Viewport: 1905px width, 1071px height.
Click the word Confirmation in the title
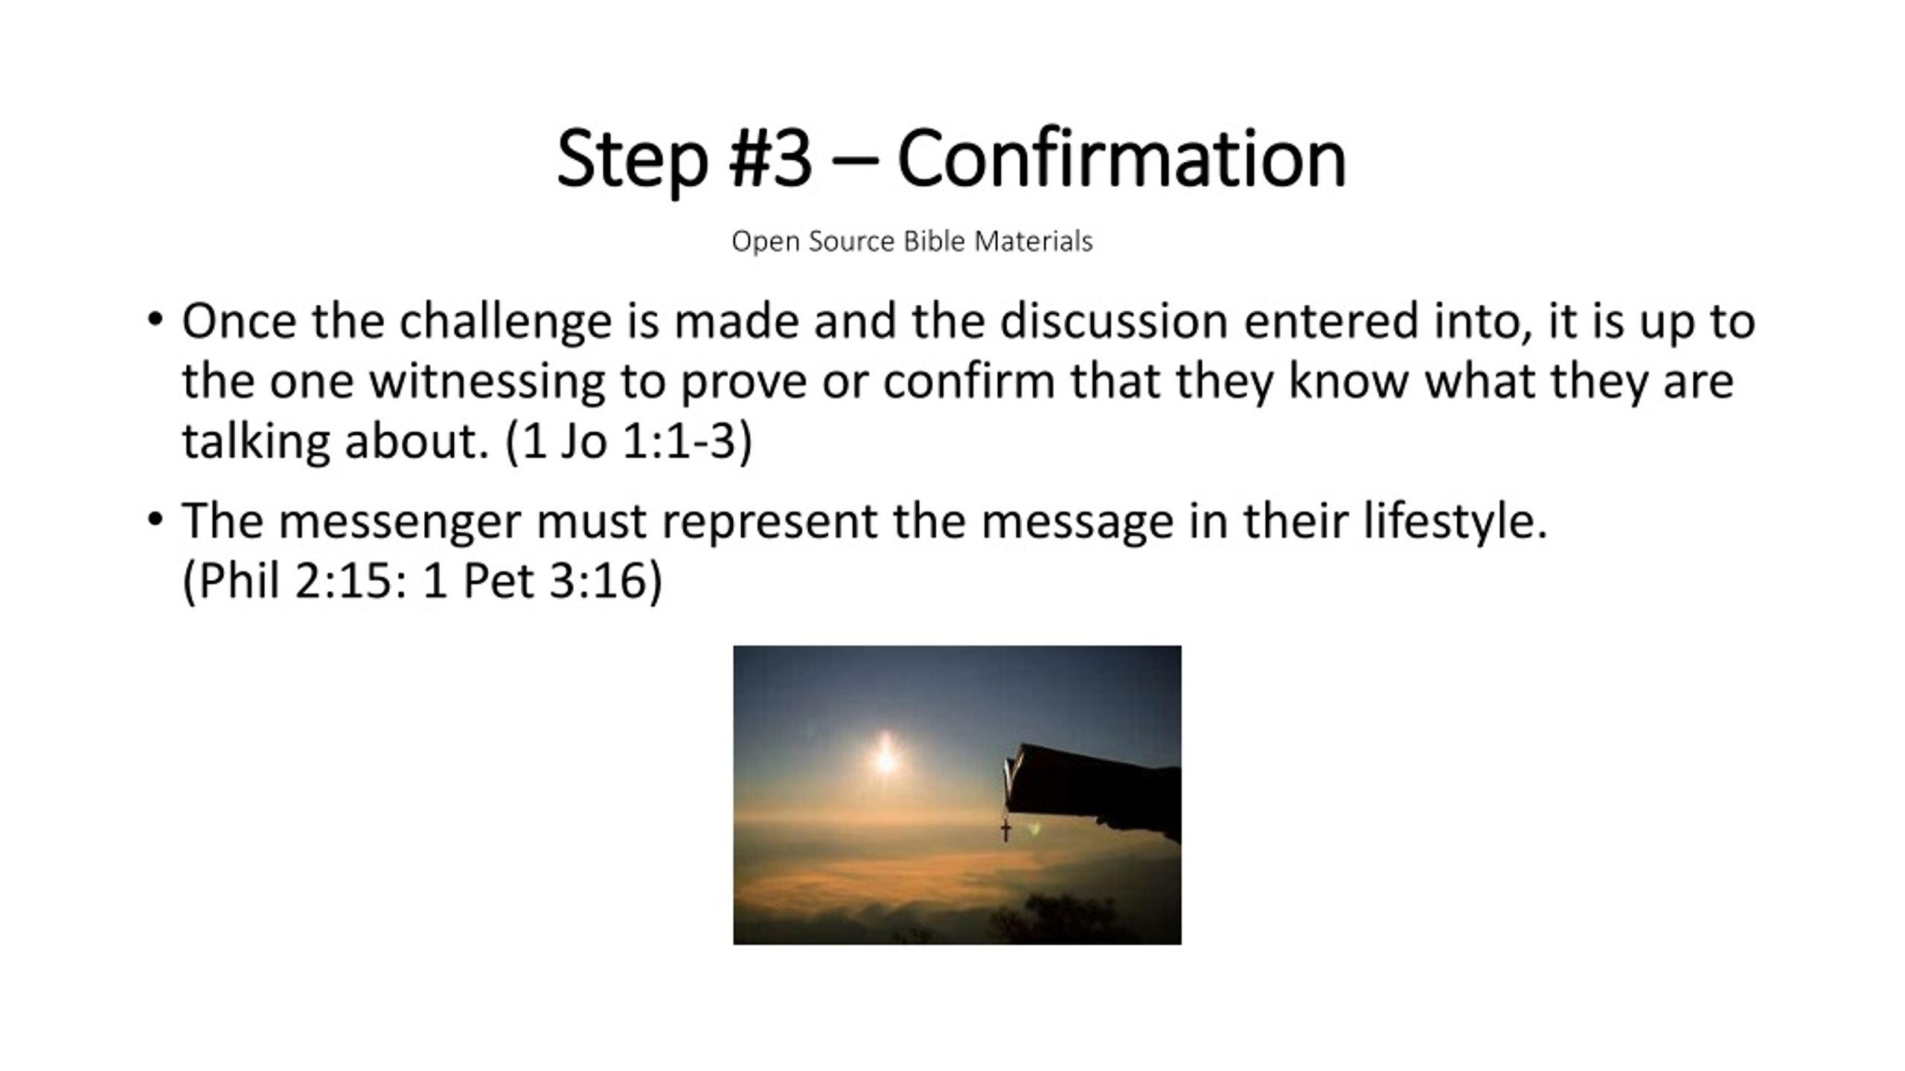click(x=1121, y=159)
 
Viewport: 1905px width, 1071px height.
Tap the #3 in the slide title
click(x=770, y=159)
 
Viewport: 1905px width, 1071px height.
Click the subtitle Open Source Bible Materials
click(x=912, y=242)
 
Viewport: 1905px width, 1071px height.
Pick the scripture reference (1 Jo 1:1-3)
click(x=629, y=443)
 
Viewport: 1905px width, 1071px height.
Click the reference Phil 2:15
click(x=295, y=581)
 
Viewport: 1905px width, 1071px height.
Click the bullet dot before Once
click(x=154, y=321)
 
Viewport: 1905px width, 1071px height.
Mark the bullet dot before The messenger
click(x=154, y=520)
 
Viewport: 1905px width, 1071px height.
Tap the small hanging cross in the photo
click(x=1006, y=829)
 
